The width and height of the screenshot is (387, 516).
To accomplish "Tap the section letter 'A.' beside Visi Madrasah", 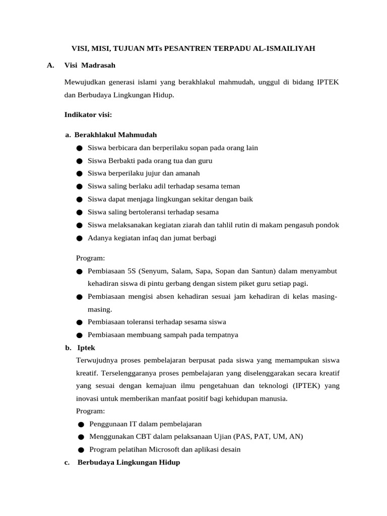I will click(x=50, y=65).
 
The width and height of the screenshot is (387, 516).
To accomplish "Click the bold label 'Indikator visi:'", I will click(x=88, y=115).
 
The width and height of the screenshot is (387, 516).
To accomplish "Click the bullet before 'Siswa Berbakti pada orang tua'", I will click(x=80, y=161).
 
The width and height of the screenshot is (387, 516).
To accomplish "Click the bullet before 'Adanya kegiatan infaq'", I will click(x=80, y=238).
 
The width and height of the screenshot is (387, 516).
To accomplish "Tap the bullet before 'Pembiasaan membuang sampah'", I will click(x=80, y=335).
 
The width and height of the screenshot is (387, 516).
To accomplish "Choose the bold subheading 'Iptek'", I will click(x=86, y=348).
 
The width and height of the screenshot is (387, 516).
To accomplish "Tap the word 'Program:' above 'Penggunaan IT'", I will click(x=90, y=411).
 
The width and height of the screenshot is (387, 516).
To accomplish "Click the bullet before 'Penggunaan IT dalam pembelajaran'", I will click(x=81, y=424).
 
